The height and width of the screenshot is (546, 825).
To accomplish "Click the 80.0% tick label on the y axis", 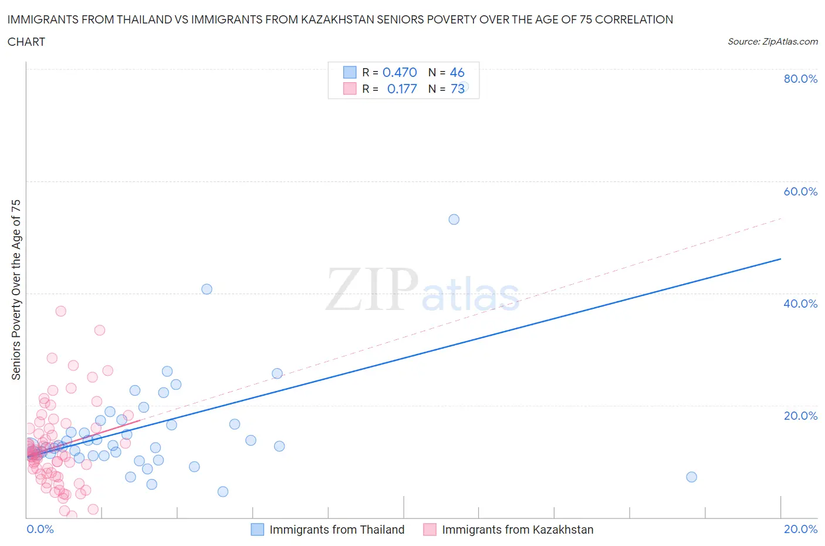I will (x=800, y=79).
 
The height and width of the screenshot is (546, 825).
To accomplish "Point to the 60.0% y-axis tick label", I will (x=800, y=191).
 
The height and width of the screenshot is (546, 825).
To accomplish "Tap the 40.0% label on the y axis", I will (x=800, y=304).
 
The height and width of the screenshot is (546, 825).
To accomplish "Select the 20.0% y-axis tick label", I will (x=800, y=416).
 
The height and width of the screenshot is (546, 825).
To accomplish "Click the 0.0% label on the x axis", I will (x=40, y=529).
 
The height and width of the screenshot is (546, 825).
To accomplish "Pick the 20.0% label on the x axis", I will (x=800, y=529).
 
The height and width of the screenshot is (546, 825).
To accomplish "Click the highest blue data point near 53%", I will (x=454, y=220).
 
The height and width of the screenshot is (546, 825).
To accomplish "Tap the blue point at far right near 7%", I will (x=691, y=477).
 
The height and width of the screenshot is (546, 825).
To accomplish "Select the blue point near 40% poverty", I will (x=207, y=289).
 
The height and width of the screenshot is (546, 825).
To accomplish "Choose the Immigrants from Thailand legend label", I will (x=337, y=530).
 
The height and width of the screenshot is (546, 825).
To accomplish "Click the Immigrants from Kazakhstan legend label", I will (x=518, y=530).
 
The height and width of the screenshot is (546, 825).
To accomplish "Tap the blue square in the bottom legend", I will (x=257, y=530).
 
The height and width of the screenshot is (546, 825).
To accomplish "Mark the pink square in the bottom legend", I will (x=430, y=530).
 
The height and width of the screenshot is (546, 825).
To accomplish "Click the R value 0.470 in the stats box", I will (x=400, y=72).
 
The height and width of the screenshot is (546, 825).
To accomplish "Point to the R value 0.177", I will (x=402, y=89).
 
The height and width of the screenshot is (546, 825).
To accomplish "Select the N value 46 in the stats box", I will (x=457, y=72).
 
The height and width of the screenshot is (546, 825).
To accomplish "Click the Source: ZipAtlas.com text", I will (x=772, y=42).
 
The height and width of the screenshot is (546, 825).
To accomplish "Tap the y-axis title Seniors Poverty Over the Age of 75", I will (x=16, y=289).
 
